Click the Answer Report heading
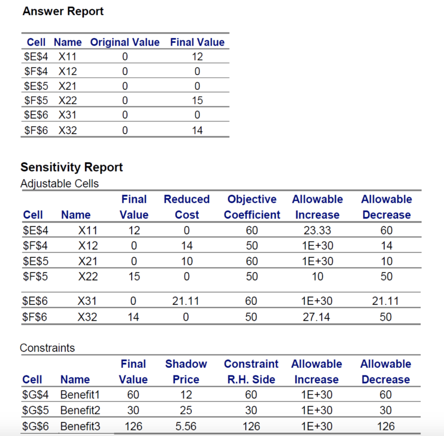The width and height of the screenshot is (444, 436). point(63,11)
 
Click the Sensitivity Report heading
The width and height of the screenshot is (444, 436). point(72,167)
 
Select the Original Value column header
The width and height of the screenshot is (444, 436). point(124,42)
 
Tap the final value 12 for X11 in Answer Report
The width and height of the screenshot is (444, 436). point(197,56)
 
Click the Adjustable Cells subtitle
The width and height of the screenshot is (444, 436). point(59,184)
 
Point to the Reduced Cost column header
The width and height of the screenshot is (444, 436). point(187,207)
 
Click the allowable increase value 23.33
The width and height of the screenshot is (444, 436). point(317,230)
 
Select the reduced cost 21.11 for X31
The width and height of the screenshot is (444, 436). point(187,301)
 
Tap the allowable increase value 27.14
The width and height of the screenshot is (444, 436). point(317,317)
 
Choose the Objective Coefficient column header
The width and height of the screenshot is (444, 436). point(252,207)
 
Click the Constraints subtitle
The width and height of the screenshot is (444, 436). point(47,348)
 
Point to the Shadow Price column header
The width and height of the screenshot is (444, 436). point(186,371)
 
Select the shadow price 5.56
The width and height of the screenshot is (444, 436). point(186,426)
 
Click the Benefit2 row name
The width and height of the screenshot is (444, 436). point(80,410)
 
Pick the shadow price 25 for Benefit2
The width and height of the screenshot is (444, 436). point(186,410)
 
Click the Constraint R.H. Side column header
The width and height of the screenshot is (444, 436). point(251,371)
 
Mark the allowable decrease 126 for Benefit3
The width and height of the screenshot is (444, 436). point(385,426)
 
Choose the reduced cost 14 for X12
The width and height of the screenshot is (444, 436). point(187,246)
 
